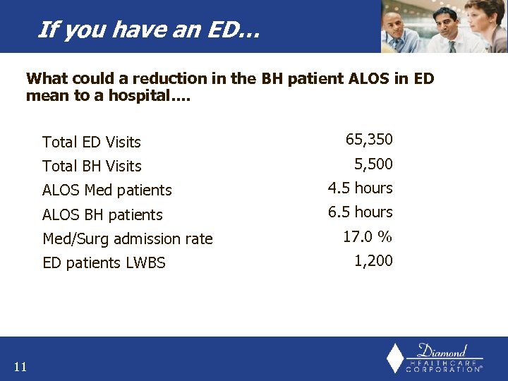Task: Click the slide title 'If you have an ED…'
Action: point(148,30)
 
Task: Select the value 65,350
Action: point(369,140)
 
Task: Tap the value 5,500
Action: point(373,164)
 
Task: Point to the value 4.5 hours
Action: point(360,188)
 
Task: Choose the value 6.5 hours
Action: point(360,212)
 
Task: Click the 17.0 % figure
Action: point(368,237)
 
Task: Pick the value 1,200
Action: point(373,261)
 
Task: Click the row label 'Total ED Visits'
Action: point(92,142)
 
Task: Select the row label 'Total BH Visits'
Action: point(92,167)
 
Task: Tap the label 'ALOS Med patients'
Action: point(107,190)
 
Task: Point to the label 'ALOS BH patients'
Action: point(102,215)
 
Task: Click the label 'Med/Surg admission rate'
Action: point(128,239)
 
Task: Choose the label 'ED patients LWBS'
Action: point(104,263)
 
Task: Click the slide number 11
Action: point(20,366)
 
